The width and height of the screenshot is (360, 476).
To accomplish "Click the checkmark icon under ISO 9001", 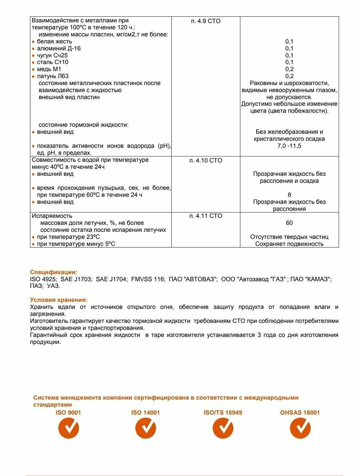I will click(69, 428).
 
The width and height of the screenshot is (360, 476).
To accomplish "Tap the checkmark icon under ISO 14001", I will click(146, 428).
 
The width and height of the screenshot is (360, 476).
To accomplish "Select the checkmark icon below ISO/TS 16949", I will click(223, 428).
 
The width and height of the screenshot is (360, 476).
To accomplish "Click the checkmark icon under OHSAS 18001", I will click(300, 428).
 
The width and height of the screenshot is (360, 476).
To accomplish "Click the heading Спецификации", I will click(53, 272).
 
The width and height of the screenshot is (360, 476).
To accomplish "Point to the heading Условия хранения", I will click(59, 300).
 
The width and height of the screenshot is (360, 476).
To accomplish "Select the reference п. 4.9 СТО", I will click(206, 21).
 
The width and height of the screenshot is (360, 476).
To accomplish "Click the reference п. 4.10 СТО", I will click(206, 160).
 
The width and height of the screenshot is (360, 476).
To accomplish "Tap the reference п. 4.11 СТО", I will click(206, 216).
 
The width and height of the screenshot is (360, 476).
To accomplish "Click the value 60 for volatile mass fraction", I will click(289, 223).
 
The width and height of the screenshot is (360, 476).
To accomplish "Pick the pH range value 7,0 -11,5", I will click(289, 146).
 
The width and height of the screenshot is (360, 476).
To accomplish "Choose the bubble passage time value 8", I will click(289, 195).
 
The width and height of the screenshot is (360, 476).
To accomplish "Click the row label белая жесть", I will click(54, 41).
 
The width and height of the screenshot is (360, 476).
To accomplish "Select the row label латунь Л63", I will click(53, 76).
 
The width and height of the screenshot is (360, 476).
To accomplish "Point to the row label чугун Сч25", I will click(52, 55).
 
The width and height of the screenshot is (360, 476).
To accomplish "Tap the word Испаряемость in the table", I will click(52, 216).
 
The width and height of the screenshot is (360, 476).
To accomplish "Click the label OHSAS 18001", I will click(300, 413).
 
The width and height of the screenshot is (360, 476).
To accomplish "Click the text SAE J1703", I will click(76, 279).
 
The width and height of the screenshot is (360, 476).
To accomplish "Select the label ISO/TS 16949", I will click(223, 413).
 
